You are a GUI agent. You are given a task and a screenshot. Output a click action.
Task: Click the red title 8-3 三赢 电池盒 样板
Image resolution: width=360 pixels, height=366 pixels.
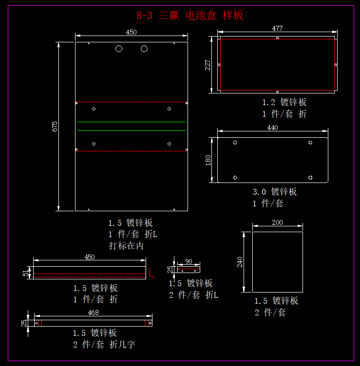tap(190, 16)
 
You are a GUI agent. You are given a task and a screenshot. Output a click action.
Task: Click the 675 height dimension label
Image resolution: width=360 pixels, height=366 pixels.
tap(55, 127)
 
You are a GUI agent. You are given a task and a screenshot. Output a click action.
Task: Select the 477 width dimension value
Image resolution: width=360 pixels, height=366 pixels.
tap(277, 29)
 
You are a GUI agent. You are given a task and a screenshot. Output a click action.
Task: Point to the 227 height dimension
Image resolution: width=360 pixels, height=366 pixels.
tap(208, 64)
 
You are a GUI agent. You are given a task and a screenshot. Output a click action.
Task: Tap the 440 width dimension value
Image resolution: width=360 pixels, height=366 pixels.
tap(272, 128)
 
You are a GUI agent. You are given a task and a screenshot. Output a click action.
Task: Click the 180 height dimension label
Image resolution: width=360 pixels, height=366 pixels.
tap(208, 161)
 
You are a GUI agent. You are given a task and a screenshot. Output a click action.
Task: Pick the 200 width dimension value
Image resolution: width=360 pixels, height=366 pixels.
tap(277, 222)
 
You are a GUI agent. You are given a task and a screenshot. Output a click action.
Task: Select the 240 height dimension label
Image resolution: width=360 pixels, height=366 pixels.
tap(239, 262)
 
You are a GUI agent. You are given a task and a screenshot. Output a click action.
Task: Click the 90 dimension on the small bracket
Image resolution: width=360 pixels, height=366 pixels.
tap(189, 261)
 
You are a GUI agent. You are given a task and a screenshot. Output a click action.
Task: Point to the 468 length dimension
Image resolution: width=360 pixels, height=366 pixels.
tap(93, 312)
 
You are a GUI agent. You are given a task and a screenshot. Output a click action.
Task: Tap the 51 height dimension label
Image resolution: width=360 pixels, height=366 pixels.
tap(25, 273)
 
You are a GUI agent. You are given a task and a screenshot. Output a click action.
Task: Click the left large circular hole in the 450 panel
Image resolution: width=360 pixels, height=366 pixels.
tap(119, 49)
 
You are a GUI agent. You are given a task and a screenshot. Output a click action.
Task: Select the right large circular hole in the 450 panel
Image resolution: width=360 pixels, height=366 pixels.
tap(144, 49)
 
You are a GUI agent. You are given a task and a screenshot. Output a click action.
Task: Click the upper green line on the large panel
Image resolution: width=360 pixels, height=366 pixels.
tap(131, 122)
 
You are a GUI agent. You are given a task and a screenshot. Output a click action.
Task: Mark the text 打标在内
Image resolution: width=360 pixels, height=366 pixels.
tap(126, 246)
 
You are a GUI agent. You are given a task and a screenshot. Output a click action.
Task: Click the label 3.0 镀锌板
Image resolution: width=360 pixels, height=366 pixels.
tap(275, 192)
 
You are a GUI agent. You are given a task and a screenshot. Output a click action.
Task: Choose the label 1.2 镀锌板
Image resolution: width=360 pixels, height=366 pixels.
tap(284, 102)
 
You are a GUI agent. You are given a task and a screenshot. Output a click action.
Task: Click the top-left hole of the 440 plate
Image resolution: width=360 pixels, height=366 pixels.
tap(235, 143)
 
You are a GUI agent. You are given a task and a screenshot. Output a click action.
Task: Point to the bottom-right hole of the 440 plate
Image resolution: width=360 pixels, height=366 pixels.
tap(310, 177)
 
